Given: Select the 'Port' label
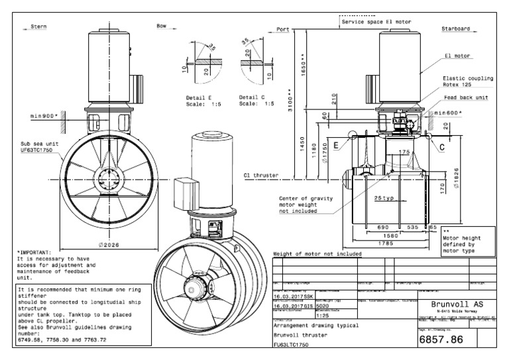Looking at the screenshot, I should (x=284, y=29).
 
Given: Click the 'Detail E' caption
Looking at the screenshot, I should (x=199, y=97).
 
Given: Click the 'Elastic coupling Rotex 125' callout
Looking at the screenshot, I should (x=468, y=81).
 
